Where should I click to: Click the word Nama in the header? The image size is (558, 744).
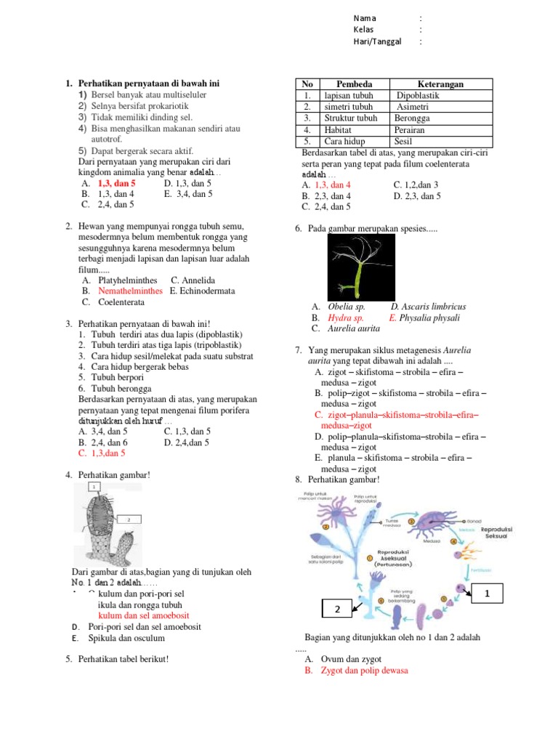point(365,18)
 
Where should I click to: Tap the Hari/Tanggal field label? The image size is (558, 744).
point(377,42)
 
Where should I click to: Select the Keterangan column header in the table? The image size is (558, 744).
point(440,84)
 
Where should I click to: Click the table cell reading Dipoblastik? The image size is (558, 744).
point(419,95)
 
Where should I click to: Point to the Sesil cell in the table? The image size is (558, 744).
point(403,141)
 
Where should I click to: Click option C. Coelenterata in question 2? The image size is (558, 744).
point(121,302)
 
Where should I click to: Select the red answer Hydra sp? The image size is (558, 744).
point(346,318)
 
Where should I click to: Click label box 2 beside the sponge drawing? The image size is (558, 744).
point(128,519)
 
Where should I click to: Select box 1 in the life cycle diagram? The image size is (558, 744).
point(489,594)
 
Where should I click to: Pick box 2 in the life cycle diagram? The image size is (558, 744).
point(337,611)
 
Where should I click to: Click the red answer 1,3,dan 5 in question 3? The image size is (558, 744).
point(108,453)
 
